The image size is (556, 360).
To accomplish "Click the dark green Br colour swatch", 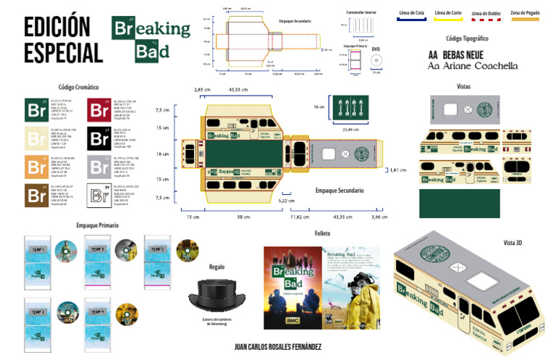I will click(36, 109).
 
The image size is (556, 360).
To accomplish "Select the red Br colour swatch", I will click(98, 109).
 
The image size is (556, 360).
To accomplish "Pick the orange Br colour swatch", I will click(36, 167).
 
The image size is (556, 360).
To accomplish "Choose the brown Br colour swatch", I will click(36, 196).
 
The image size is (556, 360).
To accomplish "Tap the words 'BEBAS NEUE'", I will click(464, 54).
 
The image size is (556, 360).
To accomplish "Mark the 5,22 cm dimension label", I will click(287, 201).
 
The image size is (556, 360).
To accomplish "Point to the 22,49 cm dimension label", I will click(350, 129).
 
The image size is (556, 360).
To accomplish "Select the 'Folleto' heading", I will click(322, 233).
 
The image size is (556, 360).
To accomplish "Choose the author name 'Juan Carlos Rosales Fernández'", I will click(278, 348).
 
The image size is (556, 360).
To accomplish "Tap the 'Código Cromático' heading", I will click(78, 87).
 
